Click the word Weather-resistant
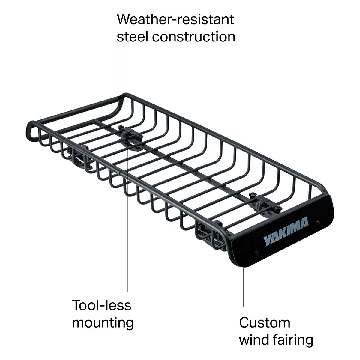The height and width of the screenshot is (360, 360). click(x=175, y=19)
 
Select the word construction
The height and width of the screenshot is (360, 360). click(x=194, y=37)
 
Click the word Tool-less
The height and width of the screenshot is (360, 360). click(x=102, y=305)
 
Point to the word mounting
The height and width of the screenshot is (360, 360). click(x=103, y=323)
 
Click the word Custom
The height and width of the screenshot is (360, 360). click(x=265, y=323)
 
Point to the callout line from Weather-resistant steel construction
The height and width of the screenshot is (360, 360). click(x=120, y=72)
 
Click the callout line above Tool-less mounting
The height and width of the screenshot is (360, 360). click(x=128, y=240)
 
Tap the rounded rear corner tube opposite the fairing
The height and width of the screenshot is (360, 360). click(x=31, y=129)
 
